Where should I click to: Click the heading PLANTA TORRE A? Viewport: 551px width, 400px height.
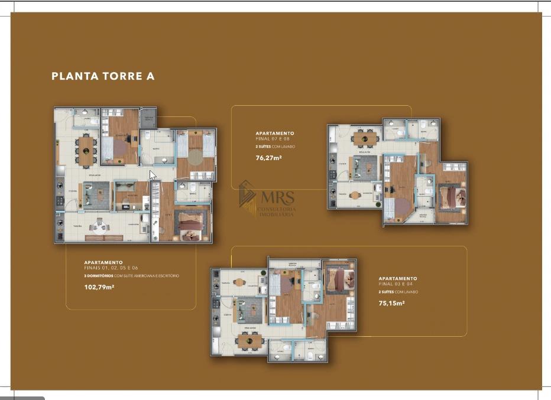(x=103, y=76)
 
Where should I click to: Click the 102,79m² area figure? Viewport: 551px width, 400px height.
(x=99, y=288)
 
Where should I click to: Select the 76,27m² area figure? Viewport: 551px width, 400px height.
(x=268, y=158)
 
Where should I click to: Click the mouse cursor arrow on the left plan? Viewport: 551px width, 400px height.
(x=152, y=175)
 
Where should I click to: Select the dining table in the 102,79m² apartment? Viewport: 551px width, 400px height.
(x=86, y=150)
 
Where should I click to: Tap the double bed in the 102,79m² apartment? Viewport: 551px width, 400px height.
(x=191, y=225)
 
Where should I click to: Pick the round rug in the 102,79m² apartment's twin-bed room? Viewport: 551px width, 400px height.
(x=196, y=157)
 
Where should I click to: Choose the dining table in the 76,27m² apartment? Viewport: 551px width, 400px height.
(x=365, y=138)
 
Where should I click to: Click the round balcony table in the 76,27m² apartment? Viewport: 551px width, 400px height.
(x=355, y=195)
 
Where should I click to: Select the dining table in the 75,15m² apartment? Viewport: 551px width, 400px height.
(x=250, y=340)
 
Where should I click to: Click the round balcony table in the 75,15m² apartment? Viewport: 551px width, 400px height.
(x=239, y=282)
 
